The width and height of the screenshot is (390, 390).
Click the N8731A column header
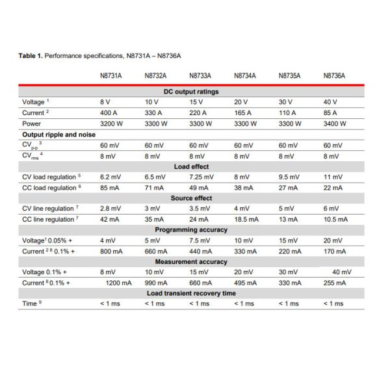point(110,75)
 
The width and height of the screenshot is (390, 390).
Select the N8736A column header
point(333,75)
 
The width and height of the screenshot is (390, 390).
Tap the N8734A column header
point(244,75)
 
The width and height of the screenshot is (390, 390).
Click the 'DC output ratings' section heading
point(191,92)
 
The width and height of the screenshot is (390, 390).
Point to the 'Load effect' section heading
point(191,166)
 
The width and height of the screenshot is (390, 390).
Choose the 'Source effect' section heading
point(191,198)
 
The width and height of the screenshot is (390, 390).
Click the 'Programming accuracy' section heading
point(191,229)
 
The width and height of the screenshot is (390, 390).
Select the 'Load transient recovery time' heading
point(191,293)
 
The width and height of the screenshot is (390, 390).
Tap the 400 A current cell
point(110,113)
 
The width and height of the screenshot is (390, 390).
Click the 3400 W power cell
point(334,123)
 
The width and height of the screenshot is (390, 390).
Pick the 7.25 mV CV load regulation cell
point(200,177)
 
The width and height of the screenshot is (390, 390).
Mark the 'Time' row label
point(30,304)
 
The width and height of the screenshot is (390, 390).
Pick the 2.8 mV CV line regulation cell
point(110,209)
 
